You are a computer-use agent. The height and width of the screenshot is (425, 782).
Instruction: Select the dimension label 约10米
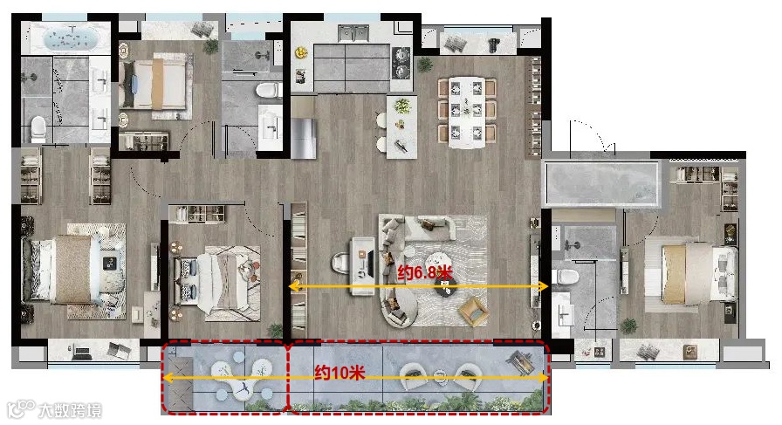coord(340,373)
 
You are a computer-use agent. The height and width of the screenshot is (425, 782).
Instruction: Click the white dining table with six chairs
coord(466,113)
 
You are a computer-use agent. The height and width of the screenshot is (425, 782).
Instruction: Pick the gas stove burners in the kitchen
coord(401,63)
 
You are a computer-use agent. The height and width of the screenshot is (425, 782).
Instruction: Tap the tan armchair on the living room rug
coord(474,312)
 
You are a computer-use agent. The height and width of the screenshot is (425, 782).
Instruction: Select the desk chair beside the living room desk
coord(342,263)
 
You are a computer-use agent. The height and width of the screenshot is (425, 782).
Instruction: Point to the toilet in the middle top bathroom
coord(268,90)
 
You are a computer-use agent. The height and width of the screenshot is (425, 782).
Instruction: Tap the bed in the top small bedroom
coord(153,84)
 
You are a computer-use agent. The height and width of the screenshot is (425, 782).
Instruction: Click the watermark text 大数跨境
coord(70,410)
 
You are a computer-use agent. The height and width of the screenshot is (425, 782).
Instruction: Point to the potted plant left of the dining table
coord(425,65)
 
